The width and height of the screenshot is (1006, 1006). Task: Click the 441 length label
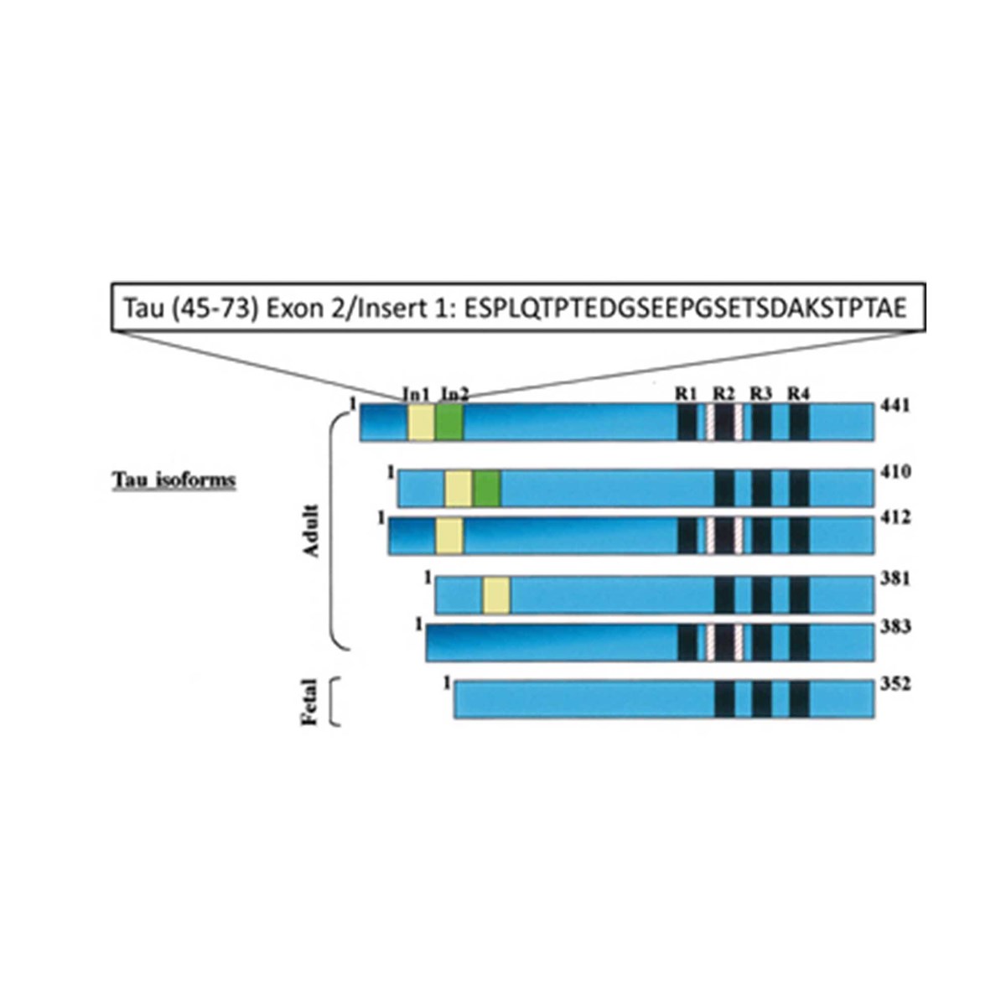pos(895,406)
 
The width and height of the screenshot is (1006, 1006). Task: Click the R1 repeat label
pos(686,394)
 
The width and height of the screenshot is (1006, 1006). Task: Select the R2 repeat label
pos(723,394)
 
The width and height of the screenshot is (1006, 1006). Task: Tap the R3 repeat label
pos(761,394)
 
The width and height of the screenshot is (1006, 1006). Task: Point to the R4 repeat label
pos(799,394)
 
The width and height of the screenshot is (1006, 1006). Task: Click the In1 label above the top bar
pos(416,394)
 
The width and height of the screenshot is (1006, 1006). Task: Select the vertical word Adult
pos(311,531)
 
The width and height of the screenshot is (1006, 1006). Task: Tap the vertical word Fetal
pos(310,702)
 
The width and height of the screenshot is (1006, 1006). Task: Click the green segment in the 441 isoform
pos(449,423)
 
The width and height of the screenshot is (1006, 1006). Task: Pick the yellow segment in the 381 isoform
pos(496,595)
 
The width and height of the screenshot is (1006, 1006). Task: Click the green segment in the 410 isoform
pos(488,488)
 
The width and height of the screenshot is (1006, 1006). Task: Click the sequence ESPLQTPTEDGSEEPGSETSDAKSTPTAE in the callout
pos(686,309)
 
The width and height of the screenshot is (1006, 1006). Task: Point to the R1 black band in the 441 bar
pos(687,423)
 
